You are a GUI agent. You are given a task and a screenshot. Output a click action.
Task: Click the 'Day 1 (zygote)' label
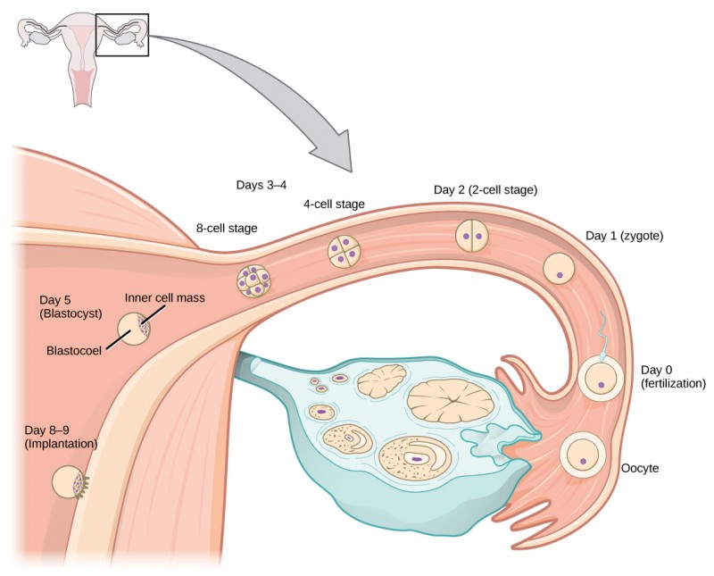pyautogui.click(x=624, y=236)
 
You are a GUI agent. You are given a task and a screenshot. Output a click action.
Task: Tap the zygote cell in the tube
pyautogui.click(x=560, y=267)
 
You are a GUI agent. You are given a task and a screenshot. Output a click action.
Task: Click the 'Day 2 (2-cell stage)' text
pyautogui.click(x=485, y=189)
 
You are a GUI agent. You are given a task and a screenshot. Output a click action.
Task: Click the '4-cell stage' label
pyautogui.click(x=334, y=205)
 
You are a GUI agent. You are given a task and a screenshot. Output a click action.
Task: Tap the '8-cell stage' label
pyautogui.click(x=227, y=229)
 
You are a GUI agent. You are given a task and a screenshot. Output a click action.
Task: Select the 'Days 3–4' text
pyautogui.click(x=261, y=185)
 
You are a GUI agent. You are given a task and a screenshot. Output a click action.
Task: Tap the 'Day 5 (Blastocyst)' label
pyautogui.click(x=72, y=307)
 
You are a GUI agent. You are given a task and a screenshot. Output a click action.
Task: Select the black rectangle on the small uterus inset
pyautogui.click(x=121, y=34)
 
